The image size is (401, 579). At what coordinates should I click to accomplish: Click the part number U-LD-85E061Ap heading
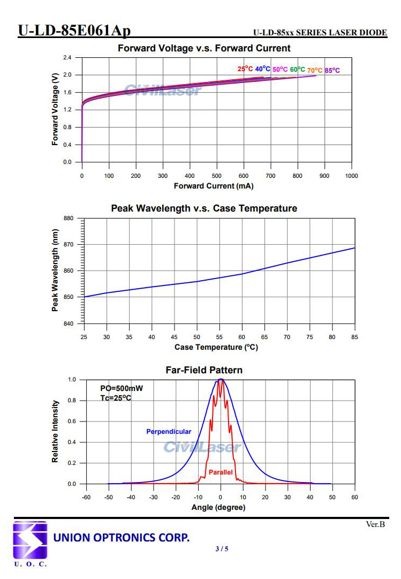(74, 31)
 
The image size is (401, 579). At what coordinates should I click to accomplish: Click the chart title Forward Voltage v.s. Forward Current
(204, 48)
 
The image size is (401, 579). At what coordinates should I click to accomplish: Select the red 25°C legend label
(245, 69)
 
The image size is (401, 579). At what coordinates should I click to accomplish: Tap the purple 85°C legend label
(332, 71)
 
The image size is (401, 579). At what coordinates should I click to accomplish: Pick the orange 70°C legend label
(315, 70)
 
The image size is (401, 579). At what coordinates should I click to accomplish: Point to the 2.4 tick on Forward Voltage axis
(67, 57)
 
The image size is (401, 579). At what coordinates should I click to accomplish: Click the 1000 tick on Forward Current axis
(351, 176)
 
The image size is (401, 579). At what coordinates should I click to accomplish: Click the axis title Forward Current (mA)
(214, 186)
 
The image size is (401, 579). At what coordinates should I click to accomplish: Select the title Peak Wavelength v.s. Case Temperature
(204, 208)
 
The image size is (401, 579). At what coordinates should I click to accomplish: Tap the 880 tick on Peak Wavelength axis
(68, 219)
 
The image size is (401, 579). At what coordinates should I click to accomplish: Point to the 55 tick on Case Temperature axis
(219, 337)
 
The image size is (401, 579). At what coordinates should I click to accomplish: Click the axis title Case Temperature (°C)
(216, 347)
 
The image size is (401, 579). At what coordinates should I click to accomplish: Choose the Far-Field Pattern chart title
(204, 370)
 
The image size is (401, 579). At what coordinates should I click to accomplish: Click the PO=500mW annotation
(122, 388)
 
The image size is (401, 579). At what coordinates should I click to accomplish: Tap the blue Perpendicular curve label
(169, 432)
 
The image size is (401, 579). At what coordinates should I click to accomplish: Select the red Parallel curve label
(221, 472)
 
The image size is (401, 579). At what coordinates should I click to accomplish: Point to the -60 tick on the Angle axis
(86, 498)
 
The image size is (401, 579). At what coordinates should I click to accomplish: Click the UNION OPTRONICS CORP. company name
(122, 537)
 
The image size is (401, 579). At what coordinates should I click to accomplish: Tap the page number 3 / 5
(222, 548)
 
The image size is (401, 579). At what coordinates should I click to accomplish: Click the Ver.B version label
(375, 524)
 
